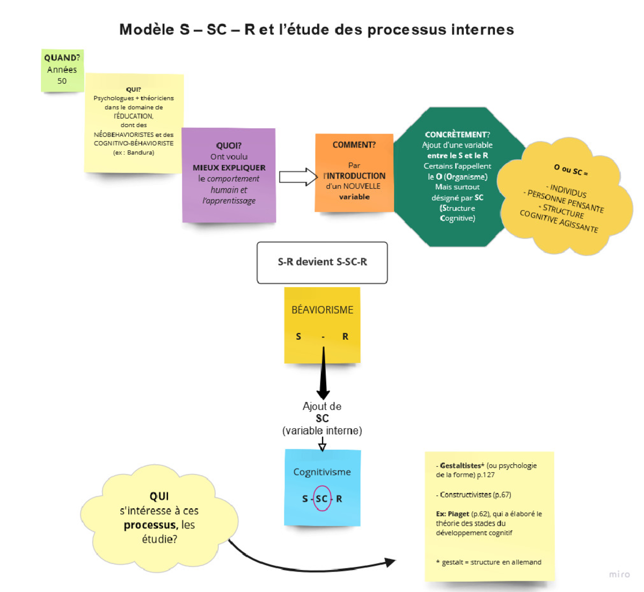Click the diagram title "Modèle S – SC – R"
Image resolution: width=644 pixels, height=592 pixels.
tap(187, 30)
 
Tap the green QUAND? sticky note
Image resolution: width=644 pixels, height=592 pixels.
tap(62, 70)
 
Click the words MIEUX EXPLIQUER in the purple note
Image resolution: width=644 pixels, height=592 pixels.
tap(229, 167)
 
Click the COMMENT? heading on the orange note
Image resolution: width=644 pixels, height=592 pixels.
tap(354, 145)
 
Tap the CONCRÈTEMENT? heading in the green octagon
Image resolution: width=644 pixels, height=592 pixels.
tap(457, 135)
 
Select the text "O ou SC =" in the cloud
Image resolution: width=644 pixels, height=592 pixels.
tap(571, 170)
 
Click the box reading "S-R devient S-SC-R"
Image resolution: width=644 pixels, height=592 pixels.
tap(322, 262)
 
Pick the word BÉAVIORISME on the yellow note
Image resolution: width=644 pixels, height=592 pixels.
tap(322, 310)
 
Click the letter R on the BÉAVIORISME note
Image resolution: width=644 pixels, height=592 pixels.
tap(345, 337)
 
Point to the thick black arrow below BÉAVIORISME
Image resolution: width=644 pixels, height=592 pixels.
tap(323, 376)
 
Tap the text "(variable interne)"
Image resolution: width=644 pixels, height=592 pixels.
tap(322, 430)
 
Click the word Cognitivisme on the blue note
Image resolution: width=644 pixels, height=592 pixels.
tap(322, 472)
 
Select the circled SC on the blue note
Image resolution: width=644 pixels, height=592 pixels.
tap(321, 499)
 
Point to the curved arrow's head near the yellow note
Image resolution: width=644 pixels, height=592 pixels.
tap(390, 562)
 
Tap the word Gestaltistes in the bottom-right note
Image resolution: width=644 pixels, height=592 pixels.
tap(460, 465)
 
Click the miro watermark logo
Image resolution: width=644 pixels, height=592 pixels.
tap(619, 574)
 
